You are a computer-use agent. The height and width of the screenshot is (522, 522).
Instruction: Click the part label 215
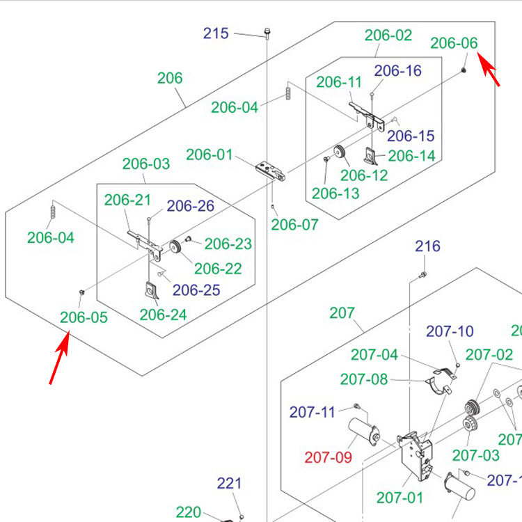[x=216, y=33]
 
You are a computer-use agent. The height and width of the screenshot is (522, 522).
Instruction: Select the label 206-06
[x=454, y=43]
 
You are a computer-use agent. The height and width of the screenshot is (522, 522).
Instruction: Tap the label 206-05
[x=84, y=317]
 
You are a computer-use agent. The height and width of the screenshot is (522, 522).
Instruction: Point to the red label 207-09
[x=328, y=457]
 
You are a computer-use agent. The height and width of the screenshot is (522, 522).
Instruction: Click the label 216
[x=427, y=246]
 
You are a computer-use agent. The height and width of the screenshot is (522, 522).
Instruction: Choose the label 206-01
[x=209, y=154]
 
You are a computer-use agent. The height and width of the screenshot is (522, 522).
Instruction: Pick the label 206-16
[x=397, y=70]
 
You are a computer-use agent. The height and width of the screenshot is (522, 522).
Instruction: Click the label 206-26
[x=191, y=206]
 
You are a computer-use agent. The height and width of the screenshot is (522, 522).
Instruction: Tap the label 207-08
[x=364, y=379]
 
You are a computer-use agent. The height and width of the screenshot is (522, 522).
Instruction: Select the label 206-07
[x=294, y=224]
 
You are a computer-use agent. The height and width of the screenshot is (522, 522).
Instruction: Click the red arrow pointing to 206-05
[x=59, y=358]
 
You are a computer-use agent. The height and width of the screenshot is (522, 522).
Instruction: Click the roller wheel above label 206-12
[x=339, y=153]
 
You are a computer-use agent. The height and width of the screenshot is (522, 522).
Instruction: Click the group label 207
[x=342, y=313]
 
